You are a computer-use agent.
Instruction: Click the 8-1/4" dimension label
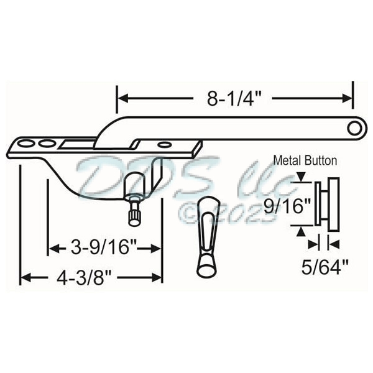(x=234, y=96)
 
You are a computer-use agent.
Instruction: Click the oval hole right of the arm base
(x=164, y=145)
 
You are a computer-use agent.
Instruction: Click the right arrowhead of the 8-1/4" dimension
(x=348, y=97)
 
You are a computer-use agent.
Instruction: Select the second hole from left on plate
(x=45, y=144)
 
